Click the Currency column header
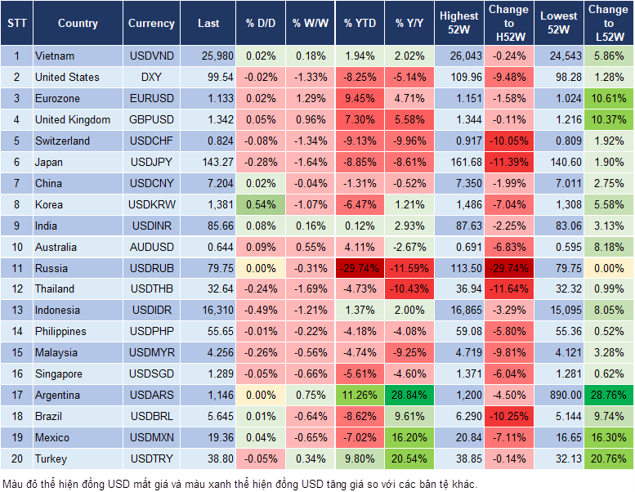click(151, 24)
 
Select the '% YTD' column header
click(360, 24)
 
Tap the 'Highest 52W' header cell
click(458, 24)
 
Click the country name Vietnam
click(55, 56)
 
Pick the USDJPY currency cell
click(151, 162)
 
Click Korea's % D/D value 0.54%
click(260, 204)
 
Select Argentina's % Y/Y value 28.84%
click(411, 395)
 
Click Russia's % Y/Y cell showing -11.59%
click(411, 268)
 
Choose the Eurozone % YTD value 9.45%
click(360, 99)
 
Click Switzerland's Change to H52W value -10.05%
click(508, 141)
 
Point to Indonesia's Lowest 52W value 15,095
click(560, 311)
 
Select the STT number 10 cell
click(16, 247)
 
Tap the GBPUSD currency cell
click(151, 120)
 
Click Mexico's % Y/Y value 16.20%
click(411, 437)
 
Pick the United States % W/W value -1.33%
click(309, 78)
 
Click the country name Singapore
click(59, 373)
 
